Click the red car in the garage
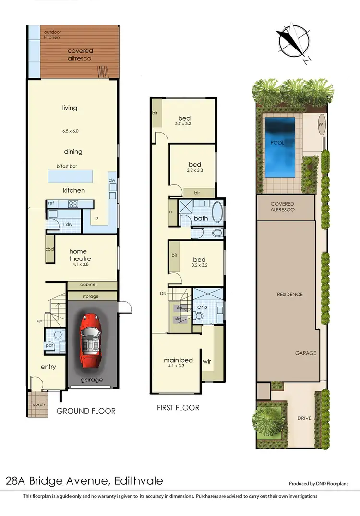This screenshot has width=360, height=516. point(92,338)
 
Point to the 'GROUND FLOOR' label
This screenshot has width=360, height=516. point(86,411)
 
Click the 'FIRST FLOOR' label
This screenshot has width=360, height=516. point(178,408)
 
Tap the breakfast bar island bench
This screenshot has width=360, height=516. point(77,176)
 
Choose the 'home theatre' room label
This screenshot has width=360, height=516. point(80,255)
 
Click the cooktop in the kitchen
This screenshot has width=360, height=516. point(73,204)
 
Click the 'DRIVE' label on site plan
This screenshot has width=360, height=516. point(304,418)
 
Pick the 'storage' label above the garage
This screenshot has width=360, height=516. point(91,296)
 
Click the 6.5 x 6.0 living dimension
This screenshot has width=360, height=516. point(70,131)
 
